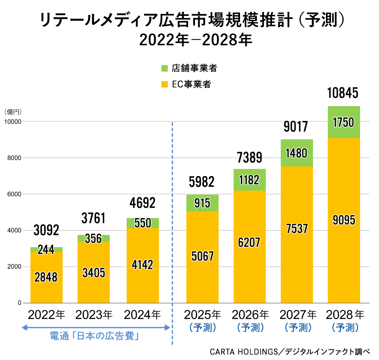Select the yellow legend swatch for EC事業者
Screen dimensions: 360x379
pos(165,84)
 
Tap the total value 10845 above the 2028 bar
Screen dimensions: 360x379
pos(343,93)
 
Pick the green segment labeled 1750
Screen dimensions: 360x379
pos(343,123)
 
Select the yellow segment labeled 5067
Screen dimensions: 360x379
pos(203,256)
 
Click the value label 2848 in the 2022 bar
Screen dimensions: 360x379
pos(46,277)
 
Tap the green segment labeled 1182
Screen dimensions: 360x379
pos(250,180)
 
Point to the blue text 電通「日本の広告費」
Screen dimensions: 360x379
pos(95,336)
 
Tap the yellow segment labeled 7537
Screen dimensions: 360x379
pos(297,229)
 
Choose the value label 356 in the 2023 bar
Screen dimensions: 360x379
pos(93,238)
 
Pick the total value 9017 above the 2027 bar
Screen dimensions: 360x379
pos(297,126)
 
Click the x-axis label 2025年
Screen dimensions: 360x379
pos(203,315)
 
